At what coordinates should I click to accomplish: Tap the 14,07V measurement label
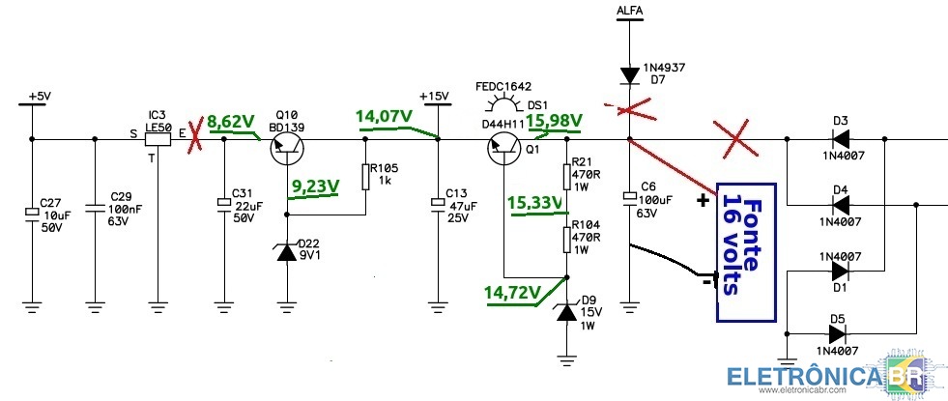(x=384, y=116)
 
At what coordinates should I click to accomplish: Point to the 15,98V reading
(x=554, y=121)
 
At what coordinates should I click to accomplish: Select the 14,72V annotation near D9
(x=511, y=293)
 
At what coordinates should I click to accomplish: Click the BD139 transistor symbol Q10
(x=286, y=148)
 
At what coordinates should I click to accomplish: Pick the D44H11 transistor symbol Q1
(x=503, y=148)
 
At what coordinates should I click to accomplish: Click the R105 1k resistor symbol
(x=365, y=176)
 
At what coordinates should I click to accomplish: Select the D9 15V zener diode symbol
(x=566, y=311)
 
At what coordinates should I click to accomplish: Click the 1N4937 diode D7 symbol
(x=629, y=75)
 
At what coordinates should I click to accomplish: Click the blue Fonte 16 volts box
(x=745, y=251)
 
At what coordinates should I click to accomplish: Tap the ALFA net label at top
(x=629, y=11)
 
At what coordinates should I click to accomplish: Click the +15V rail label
(x=434, y=97)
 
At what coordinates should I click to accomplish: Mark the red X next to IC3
(x=194, y=138)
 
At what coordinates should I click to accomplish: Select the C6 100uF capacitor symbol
(x=629, y=197)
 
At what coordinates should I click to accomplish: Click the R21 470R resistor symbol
(x=567, y=176)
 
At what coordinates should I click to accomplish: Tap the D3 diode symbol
(x=841, y=139)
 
